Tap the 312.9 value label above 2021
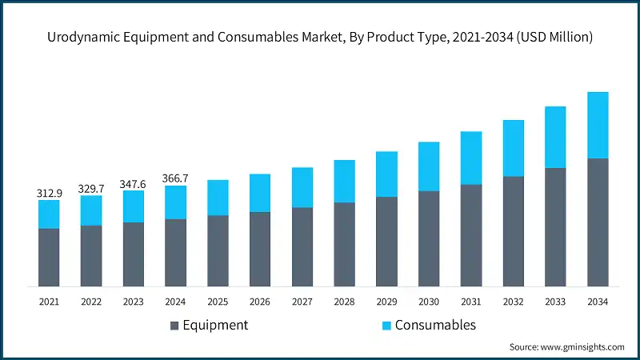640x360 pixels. [x=49, y=193]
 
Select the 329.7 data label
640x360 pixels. [x=91, y=188]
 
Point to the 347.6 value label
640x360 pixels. [x=134, y=183]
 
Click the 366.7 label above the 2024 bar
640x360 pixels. [x=176, y=178]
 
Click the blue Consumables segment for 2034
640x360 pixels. [x=598, y=125]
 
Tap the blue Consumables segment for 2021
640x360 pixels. [x=49, y=214]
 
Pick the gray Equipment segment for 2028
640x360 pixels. [x=344, y=244]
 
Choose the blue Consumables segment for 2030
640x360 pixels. [x=429, y=166]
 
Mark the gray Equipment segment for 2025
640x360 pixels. [x=218, y=250]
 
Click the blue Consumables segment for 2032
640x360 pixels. [x=513, y=148]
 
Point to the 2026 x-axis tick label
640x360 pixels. [x=260, y=302]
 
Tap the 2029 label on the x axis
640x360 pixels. [x=386, y=302]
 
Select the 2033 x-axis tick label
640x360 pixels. [x=555, y=302]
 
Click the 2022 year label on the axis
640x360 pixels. [x=91, y=302]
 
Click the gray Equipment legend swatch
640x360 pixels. [x=174, y=326]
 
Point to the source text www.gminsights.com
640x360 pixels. [x=566, y=346]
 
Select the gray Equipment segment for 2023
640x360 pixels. [x=134, y=254]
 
